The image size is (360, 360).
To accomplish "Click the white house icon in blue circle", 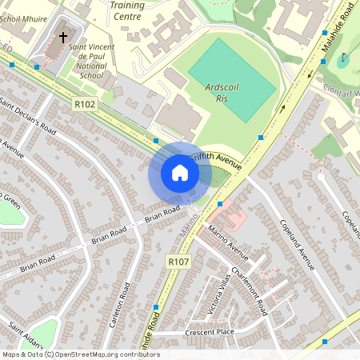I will (180, 173).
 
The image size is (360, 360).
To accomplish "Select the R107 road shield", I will (178, 262).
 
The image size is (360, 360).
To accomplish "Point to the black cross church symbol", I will (63, 37).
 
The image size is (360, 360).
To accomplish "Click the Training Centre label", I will (128, 10).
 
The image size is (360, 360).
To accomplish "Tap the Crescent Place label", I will (209, 331).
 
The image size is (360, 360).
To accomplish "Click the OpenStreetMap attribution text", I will (80, 354).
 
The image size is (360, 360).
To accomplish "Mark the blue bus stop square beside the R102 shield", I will (156, 141).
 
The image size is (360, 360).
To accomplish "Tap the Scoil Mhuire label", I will (24, 17).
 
